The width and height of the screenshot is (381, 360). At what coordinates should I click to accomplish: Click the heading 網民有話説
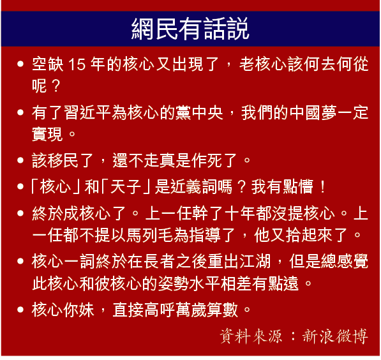pos(190,29)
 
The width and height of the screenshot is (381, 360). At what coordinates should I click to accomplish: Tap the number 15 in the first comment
pos(77,64)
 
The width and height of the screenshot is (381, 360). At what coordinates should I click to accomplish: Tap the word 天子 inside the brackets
pos(126,186)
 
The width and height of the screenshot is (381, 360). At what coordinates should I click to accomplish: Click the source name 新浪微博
pos(335,336)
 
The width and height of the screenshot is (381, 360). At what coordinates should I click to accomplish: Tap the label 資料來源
pos(251,336)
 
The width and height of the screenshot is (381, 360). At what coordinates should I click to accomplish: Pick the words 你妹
pos(78,310)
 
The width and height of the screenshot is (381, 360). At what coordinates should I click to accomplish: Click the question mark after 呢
pos(56,86)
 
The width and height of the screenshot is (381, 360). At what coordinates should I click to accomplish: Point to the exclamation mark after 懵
pos(323,186)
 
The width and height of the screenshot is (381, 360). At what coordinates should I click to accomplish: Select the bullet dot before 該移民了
pos(20,160)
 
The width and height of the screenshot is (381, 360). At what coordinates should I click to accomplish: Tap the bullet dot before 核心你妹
pos(20,310)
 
